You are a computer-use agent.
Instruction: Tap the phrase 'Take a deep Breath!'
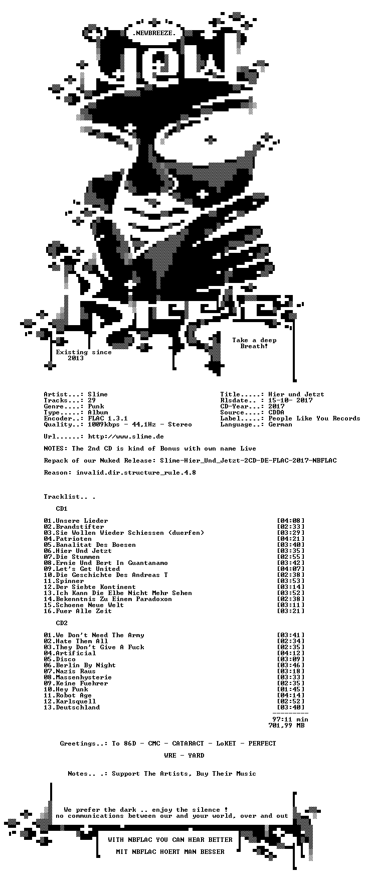pyautogui.click(x=254, y=343)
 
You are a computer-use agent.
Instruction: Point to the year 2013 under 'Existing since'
pyautogui.click(x=76, y=358)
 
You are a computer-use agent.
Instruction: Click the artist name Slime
pyautogui.click(x=98, y=394)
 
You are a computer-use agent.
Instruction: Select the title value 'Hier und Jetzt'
pyautogui.click(x=296, y=394)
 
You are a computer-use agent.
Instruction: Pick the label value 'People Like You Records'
pyautogui.click(x=314, y=418)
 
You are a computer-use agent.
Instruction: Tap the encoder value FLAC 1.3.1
pyautogui.click(x=108, y=418)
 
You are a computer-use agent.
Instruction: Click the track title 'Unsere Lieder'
pyautogui.click(x=82, y=521)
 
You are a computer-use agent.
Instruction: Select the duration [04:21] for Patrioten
pyautogui.click(x=290, y=539)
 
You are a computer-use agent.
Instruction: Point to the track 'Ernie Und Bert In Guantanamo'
pyautogui.click(x=112, y=563)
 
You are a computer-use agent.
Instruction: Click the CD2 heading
pyautogui.click(x=62, y=623)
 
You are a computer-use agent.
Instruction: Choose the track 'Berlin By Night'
pyautogui.click(x=86, y=665)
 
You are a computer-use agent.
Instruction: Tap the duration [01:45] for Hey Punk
pyautogui.click(x=290, y=689)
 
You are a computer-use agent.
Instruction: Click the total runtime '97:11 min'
pyautogui.click(x=290, y=719)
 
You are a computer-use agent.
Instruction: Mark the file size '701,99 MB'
pyautogui.click(x=286, y=725)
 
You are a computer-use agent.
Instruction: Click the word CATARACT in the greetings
pyautogui.click(x=188, y=744)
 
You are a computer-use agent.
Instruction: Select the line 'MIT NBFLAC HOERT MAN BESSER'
pyautogui.click(x=170, y=852)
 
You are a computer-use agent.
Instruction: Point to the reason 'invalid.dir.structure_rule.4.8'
pyautogui.click(x=136, y=473)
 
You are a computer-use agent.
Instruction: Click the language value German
pyautogui.click(x=280, y=424)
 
